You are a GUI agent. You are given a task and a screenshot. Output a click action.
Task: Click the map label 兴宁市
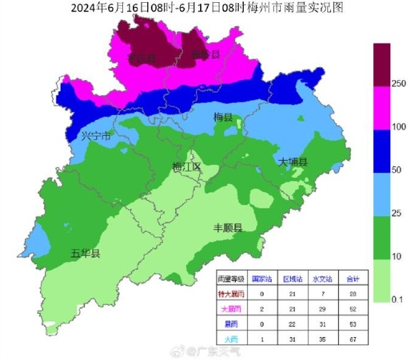[96, 136]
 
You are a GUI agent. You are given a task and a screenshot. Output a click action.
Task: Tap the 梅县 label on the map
[224, 116]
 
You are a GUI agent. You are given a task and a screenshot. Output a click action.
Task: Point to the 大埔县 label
[292, 163]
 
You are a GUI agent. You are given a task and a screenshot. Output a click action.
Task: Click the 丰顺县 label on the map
[228, 228]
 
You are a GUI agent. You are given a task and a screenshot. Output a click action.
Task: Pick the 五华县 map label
[85, 254]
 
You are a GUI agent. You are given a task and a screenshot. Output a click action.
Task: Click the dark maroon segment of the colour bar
[382, 60]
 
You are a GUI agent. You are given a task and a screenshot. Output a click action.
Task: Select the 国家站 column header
[262, 278]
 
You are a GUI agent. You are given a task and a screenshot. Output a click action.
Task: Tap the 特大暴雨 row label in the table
[230, 294]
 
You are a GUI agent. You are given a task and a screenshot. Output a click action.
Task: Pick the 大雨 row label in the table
[230, 339]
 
